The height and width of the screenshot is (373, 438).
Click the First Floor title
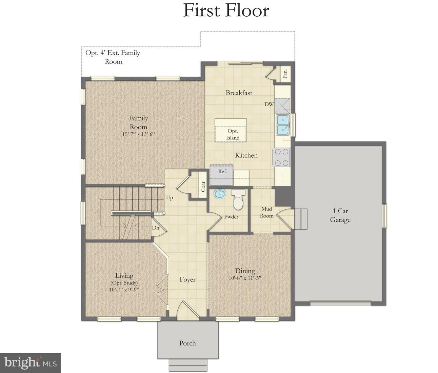point(226,11)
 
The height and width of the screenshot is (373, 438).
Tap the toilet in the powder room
point(238,201)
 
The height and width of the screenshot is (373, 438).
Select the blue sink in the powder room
point(220,194)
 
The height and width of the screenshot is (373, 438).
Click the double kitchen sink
point(282,125)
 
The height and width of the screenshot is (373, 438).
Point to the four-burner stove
point(282,157)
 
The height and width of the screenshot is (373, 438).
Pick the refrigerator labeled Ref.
point(222,175)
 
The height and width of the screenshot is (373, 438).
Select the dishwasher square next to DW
point(282,105)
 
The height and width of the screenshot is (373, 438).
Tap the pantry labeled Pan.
point(285,74)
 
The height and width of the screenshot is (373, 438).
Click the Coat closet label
point(203,186)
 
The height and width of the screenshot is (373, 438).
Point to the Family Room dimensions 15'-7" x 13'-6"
point(138,134)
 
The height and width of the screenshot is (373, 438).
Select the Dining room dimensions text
point(245,278)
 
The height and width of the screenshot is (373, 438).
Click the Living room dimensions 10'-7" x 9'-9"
point(124,290)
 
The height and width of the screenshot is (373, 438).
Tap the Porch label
point(187,343)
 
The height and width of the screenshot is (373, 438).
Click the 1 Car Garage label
point(340,215)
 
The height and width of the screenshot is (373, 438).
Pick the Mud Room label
point(266,212)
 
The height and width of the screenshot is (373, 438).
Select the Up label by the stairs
point(170,198)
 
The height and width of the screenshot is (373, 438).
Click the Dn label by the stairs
point(155,228)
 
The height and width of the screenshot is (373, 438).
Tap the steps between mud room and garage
point(300,219)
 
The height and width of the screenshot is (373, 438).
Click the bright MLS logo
point(30,363)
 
